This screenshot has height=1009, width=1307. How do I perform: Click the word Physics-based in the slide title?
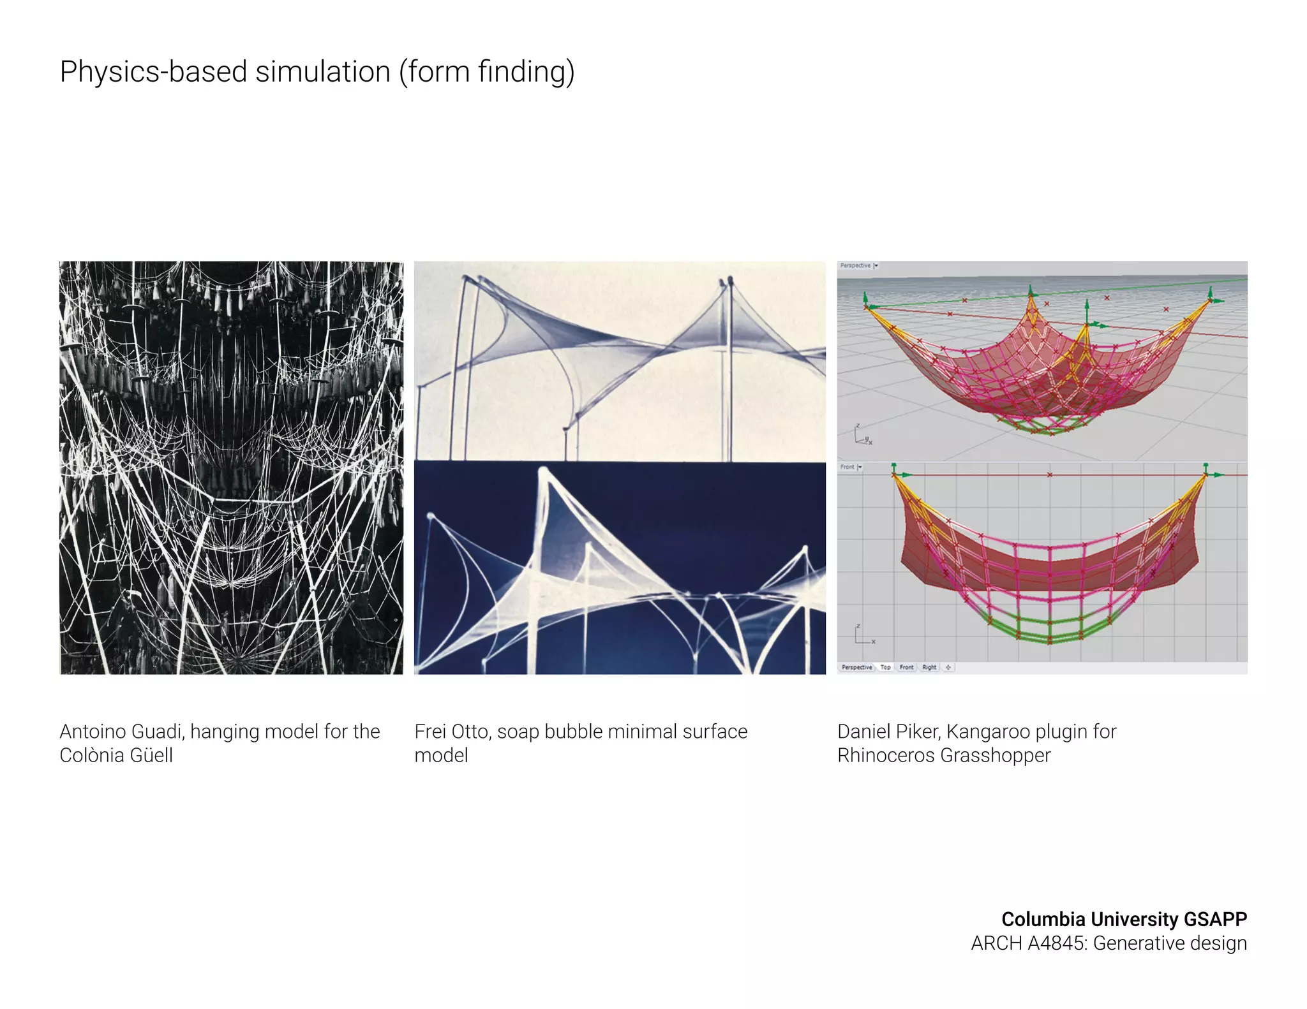(x=153, y=71)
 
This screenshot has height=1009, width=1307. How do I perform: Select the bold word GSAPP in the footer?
(x=1215, y=919)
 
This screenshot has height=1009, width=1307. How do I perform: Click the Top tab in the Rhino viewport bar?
(x=885, y=667)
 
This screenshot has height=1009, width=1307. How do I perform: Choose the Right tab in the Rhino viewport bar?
(x=929, y=667)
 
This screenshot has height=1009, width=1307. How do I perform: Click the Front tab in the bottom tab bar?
(x=906, y=667)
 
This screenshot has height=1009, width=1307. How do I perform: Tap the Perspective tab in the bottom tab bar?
(x=856, y=667)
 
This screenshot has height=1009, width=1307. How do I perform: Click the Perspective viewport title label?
(x=855, y=265)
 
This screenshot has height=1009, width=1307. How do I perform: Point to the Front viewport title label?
(x=847, y=467)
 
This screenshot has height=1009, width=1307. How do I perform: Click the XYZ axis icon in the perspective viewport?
(x=862, y=436)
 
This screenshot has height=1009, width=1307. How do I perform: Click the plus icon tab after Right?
(x=948, y=667)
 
